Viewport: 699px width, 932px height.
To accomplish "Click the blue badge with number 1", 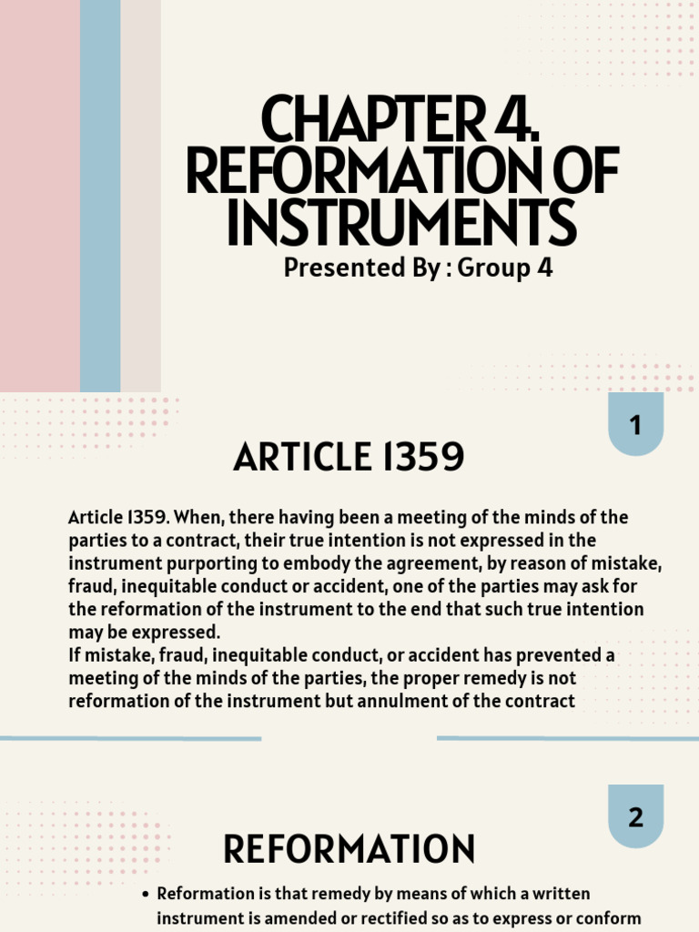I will pyautogui.click(x=635, y=424).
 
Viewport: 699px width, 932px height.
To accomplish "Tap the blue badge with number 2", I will pyautogui.click(x=635, y=816).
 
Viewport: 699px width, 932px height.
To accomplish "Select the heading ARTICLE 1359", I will pyautogui.click(x=349, y=458).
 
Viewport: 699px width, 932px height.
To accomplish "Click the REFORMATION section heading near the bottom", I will pyautogui.click(x=349, y=849).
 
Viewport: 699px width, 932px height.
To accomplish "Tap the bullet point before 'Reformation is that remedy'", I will pyautogui.click(x=146, y=895).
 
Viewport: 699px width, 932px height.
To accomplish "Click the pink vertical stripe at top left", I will pyautogui.click(x=39, y=196).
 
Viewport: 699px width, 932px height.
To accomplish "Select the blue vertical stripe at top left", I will pyautogui.click(x=100, y=196).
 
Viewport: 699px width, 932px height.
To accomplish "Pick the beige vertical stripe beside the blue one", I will pyautogui.click(x=140, y=196).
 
